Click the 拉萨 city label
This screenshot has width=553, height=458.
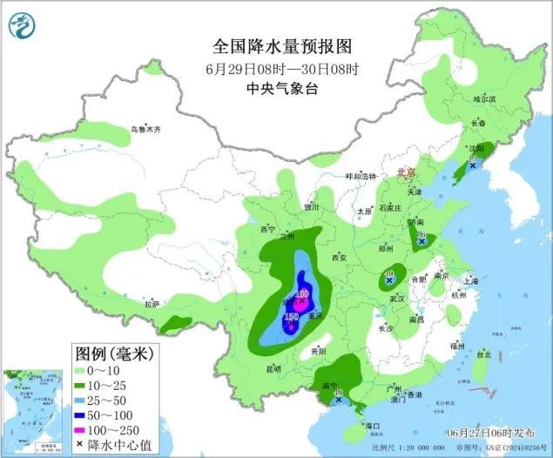pyautogui.click(x=152, y=305)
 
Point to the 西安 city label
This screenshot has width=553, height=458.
pyautogui.click(x=338, y=258)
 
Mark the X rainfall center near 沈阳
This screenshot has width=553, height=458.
pyautogui.click(x=473, y=165)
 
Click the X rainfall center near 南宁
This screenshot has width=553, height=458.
pyautogui.click(x=338, y=401)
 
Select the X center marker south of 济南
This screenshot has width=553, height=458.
pyautogui.click(x=422, y=241)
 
